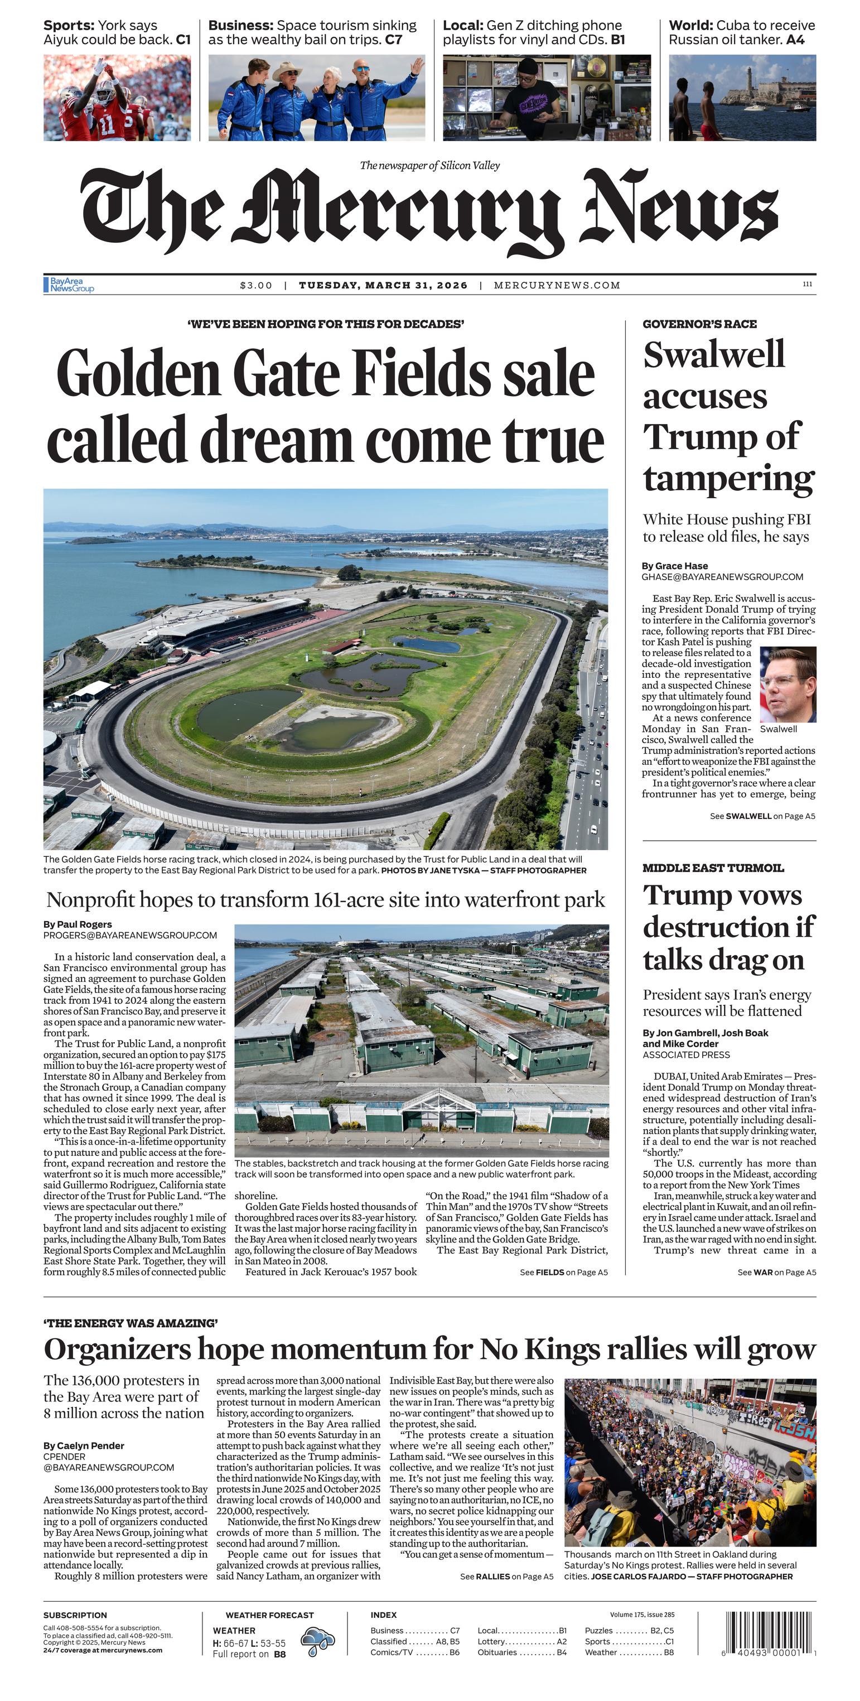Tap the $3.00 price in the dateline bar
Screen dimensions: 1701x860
tap(256, 285)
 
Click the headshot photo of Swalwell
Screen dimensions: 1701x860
tap(787, 684)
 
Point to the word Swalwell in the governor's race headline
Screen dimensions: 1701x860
tap(713, 355)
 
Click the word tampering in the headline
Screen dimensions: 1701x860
tap(728, 478)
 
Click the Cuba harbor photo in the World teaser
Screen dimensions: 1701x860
tap(742, 98)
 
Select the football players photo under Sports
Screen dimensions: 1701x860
tap(117, 98)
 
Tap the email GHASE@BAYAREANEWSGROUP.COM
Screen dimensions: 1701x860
tap(722, 576)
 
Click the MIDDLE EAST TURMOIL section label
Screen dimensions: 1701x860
tap(713, 868)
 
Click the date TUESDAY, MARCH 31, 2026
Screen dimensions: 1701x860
tap(383, 285)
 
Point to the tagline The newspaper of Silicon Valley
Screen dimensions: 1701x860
tap(429, 165)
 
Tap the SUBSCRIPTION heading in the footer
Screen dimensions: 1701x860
tap(75, 1615)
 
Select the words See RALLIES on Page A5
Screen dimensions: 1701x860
tap(506, 1576)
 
